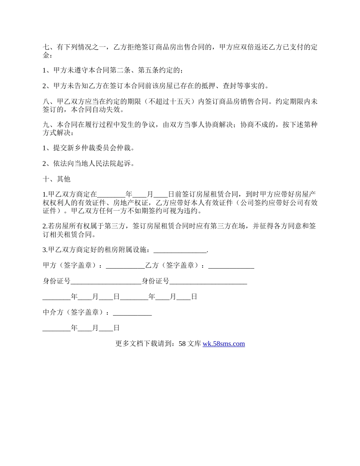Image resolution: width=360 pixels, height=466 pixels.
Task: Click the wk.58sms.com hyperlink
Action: coord(224,344)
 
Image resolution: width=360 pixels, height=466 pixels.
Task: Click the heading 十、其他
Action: coord(56,179)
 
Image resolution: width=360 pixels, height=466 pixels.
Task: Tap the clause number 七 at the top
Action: coord(46,47)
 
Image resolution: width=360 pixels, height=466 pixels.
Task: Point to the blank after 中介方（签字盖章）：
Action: coord(132,313)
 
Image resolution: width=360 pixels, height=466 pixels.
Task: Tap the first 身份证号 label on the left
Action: coord(56,281)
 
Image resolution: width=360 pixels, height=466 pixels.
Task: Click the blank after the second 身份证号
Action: coord(208,281)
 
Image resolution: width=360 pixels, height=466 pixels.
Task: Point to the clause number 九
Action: coord(46,125)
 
